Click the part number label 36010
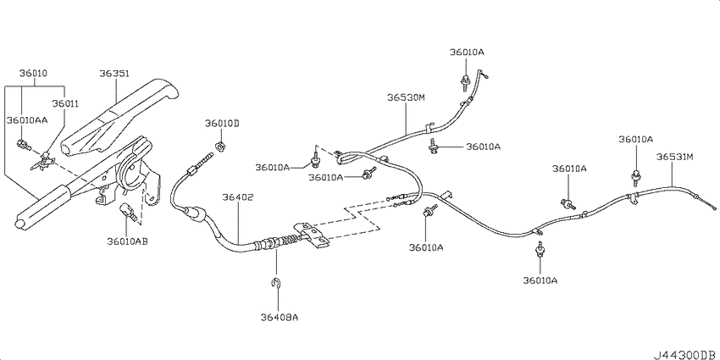point(33,73)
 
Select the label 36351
point(114,74)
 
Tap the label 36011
point(65,104)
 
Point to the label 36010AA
point(28,120)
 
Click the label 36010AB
point(127,241)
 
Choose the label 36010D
point(222,123)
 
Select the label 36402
point(238,197)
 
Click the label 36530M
point(407,97)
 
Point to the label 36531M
point(674,157)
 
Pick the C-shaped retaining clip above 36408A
point(275,285)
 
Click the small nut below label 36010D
point(220,147)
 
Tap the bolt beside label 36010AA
point(24,146)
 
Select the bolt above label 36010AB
point(127,212)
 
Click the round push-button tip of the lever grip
point(19,223)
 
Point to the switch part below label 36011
point(42,160)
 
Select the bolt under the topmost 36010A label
point(465,81)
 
